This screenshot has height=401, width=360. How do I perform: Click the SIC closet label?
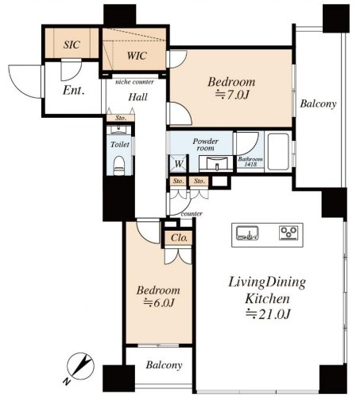(72, 45)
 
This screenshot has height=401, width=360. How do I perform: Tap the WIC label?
(137, 56)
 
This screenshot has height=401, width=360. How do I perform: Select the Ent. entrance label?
(74, 91)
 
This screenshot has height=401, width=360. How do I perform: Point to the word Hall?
(137, 97)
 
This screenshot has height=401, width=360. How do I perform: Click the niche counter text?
(134, 82)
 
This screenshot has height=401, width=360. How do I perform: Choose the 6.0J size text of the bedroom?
(159, 302)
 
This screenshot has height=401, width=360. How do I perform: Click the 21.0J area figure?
(268, 314)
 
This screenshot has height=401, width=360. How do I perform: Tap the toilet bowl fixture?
(119, 165)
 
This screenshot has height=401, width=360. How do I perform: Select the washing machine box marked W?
(179, 163)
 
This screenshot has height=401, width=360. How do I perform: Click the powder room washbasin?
(216, 163)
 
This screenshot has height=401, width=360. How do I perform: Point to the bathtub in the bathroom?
(278, 152)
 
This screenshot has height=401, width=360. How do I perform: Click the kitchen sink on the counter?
(247, 233)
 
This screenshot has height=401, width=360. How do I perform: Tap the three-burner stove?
(288, 233)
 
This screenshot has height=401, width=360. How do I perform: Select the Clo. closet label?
(180, 238)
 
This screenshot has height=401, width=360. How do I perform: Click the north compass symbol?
(80, 366)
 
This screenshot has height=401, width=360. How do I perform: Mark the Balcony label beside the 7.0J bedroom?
(318, 103)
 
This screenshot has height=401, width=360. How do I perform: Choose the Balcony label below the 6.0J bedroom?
(164, 365)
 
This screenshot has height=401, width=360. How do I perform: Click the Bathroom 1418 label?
(250, 162)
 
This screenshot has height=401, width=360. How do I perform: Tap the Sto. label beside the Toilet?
(121, 118)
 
